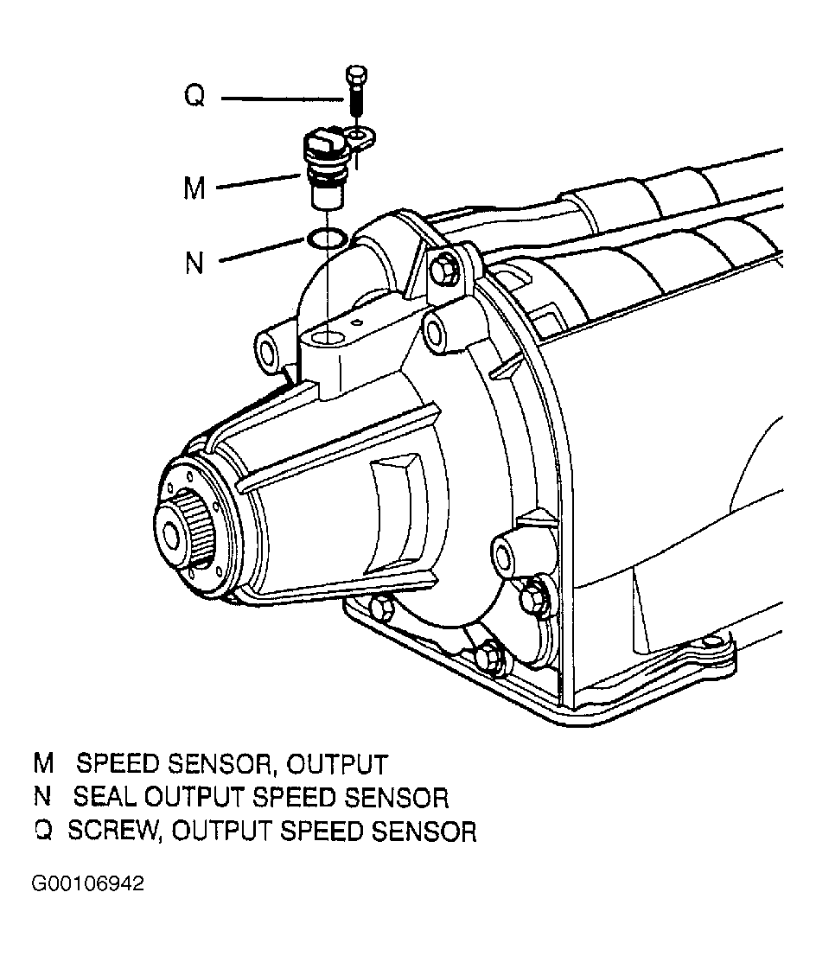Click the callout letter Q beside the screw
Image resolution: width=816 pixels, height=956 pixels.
[194, 96]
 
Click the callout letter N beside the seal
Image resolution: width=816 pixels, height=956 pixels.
[194, 263]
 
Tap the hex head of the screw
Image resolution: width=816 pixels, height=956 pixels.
[355, 75]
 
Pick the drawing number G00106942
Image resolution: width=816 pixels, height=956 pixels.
[88, 883]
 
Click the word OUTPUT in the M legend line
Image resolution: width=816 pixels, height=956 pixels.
[336, 765]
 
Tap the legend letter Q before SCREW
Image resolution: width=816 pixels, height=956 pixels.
[44, 831]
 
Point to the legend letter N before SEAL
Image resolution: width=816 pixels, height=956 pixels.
[42, 797]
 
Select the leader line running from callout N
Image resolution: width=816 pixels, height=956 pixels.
[261, 251]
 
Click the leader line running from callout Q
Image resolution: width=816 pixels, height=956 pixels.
[283, 99]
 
